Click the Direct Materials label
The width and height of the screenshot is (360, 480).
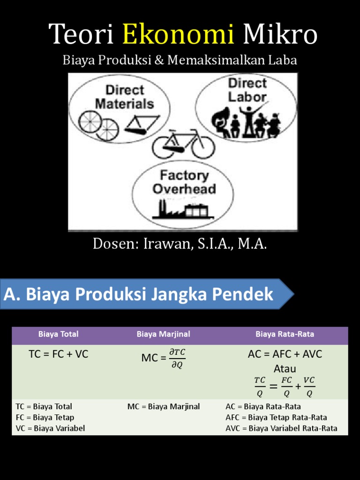point(124,97)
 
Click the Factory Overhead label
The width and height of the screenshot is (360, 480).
point(184,182)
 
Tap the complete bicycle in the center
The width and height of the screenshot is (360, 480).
point(183,144)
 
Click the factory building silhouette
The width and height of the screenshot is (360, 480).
point(183,210)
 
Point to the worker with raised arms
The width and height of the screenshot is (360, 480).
point(247,120)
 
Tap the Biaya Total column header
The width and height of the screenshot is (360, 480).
point(58,334)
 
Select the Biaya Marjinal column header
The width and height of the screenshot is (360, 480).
point(163,334)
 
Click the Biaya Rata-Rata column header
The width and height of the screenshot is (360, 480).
point(285,334)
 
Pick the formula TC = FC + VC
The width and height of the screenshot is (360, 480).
point(58,354)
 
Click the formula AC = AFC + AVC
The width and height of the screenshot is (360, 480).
point(285,354)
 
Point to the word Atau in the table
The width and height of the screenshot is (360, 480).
point(285,369)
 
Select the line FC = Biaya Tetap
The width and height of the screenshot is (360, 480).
point(45,417)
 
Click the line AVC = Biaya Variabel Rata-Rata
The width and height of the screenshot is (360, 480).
point(281,428)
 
